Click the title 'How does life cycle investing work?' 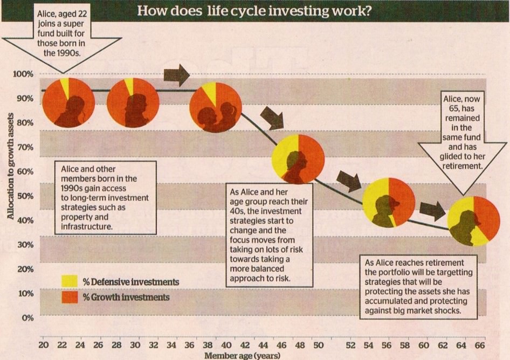pos(254,11)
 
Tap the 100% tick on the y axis pos(23,74)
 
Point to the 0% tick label pos(27,318)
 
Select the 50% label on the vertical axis pos(25,196)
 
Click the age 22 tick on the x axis pos(62,345)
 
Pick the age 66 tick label pos(480,345)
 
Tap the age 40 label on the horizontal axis pos(226,345)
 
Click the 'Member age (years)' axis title pos(242,356)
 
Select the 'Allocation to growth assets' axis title pos(10,166)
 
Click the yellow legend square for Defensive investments pos(70,281)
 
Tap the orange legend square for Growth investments pos(70,297)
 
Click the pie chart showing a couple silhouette pos(216,107)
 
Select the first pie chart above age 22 pos(68,102)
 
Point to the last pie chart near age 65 pos(473,221)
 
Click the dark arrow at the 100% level pos(176,75)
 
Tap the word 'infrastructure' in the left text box pos(86,227)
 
